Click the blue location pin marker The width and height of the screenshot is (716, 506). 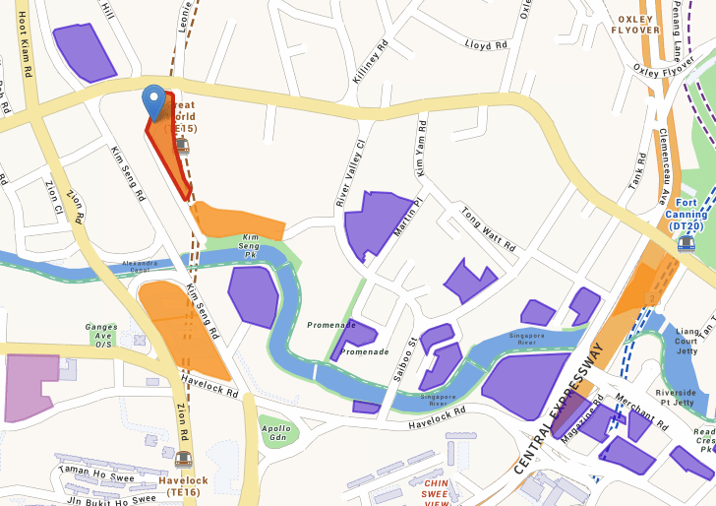point(153,100)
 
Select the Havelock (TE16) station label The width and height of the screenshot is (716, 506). point(183,485)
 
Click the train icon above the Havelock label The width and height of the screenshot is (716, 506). point(183,459)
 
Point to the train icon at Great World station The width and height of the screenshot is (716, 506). point(182,147)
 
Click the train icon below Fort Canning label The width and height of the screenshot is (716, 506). point(686,242)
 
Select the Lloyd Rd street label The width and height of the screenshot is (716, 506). point(486,45)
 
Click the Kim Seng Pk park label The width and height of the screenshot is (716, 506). point(251,246)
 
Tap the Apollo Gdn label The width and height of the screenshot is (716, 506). point(276,433)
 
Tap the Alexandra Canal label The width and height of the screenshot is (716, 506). point(140,266)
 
